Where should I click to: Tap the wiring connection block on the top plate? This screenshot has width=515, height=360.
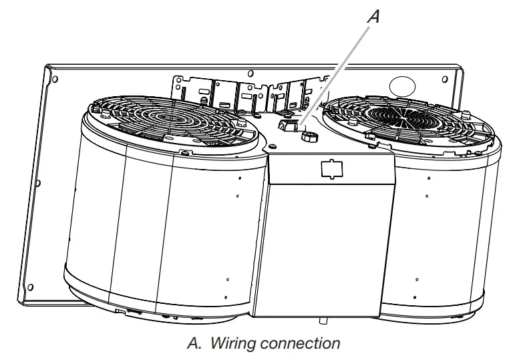(287, 125)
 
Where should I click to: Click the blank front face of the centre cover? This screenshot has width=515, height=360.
(321, 247)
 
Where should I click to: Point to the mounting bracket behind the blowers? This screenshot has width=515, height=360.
(247, 94)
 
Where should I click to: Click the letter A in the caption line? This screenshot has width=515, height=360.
(194, 345)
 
